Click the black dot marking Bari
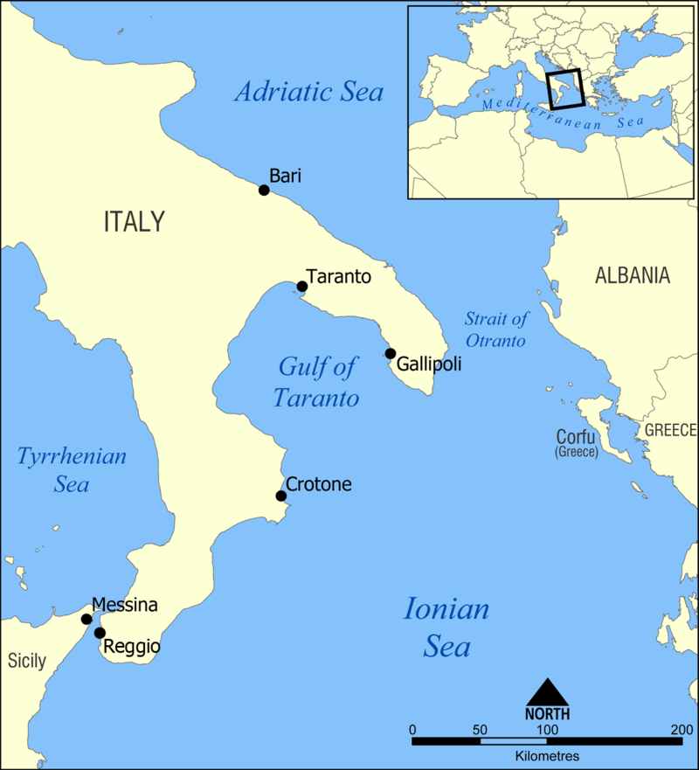[264, 190]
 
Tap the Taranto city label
[339, 277]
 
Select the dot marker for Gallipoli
[390, 353]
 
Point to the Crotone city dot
[281, 496]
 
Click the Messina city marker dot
[87, 619]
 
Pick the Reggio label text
[132, 648]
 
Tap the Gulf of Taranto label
[316, 382]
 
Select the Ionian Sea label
[446, 628]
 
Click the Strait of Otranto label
[495, 330]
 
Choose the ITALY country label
[134, 222]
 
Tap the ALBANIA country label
[633, 276]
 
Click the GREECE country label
[671, 430]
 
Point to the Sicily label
[26, 661]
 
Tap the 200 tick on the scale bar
[682, 729]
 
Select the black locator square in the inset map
[564, 88]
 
